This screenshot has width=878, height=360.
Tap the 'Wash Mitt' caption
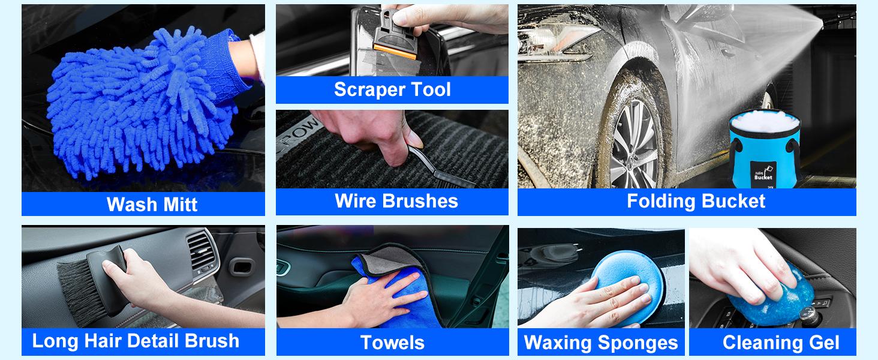coord(152,205)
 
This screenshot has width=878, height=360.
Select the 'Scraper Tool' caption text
coord(392,90)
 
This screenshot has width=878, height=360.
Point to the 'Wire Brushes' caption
coord(396,201)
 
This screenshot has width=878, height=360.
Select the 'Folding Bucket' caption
coord(696,201)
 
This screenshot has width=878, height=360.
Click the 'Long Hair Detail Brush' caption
coord(136,341)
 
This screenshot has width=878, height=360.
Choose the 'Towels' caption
coord(392,343)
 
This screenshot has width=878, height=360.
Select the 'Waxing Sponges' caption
coord(601,343)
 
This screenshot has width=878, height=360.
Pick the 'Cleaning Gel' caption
coord(781,343)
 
